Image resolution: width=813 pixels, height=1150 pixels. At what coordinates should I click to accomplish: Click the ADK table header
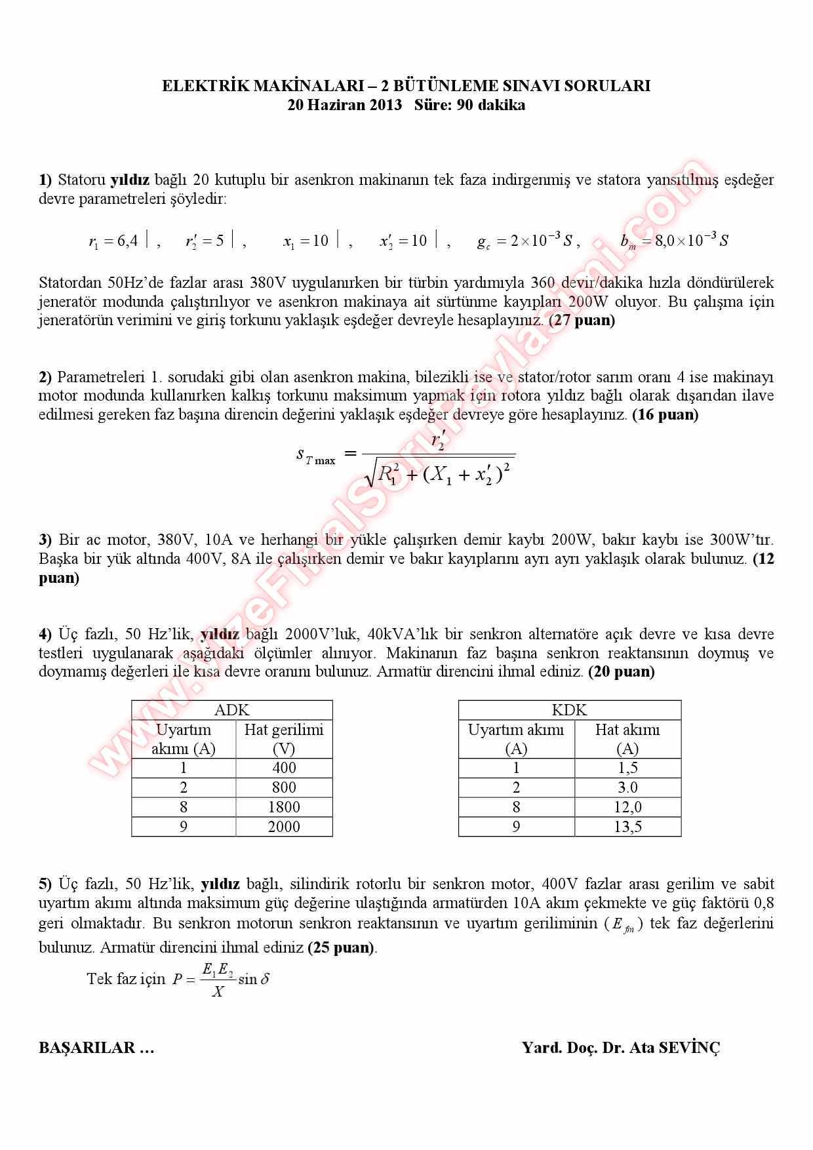pyautogui.click(x=232, y=710)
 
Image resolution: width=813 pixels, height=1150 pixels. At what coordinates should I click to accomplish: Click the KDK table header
pyautogui.click(x=569, y=710)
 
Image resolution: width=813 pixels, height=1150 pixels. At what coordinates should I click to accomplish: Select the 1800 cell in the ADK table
pyautogui.click(x=284, y=807)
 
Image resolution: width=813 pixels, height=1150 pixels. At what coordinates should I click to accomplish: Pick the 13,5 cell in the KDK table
pyautogui.click(x=627, y=827)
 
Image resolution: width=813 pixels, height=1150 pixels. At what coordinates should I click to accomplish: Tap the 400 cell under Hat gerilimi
pyautogui.click(x=284, y=768)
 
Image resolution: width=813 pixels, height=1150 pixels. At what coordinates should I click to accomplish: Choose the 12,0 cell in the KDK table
pyautogui.click(x=627, y=807)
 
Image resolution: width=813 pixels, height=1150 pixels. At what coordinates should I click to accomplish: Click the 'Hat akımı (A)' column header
pyautogui.click(x=627, y=739)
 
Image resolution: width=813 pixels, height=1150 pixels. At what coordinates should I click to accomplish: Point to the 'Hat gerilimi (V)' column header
pyautogui.click(x=284, y=739)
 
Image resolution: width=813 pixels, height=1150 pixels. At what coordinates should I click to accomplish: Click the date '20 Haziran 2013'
pyautogui.click(x=344, y=105)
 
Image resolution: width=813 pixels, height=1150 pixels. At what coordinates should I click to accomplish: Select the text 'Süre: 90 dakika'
pyautogui.click(x=469, y=105)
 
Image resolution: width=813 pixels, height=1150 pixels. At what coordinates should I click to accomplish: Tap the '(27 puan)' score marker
pyautogui.click(x=582, y=321)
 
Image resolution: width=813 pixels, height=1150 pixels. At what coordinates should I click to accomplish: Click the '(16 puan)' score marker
pyautogui.click(x=665, y=414)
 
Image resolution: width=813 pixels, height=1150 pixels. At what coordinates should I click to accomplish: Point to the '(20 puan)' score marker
pyautogui.click(x=621, y=671)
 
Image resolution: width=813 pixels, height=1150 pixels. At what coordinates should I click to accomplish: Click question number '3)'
pyautogui.click(x=45, y=540)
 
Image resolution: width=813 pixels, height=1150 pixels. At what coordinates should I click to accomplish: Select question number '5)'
pyautogui.click(x=45, y=884)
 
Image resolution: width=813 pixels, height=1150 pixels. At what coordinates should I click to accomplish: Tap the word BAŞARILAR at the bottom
pyautogui.click(x=87, y=1047)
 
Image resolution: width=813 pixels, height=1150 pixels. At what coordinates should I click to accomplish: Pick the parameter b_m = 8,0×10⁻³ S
pyautogui.click(x=674, y=241)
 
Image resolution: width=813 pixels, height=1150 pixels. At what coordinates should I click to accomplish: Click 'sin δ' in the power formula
pyautogui.click(x=254, y=979)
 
